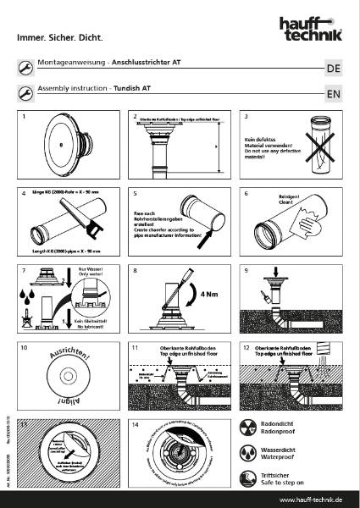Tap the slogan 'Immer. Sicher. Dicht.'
(x=53, y=38)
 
